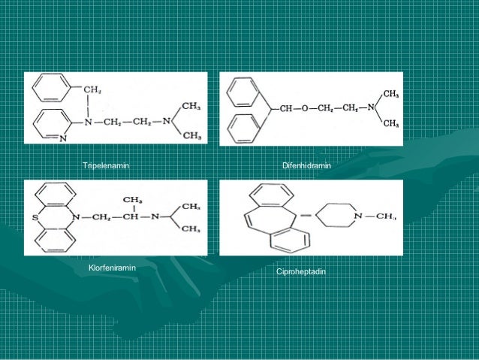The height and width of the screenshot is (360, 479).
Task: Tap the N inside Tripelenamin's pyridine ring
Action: coord(62,138)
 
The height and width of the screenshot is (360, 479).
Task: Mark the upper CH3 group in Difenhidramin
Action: coord(390,93)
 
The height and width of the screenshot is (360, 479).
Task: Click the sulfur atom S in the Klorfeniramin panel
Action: coord(35,219)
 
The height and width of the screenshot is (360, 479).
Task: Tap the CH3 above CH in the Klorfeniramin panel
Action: coord(132,200)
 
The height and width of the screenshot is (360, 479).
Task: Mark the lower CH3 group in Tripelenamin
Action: coord(191,135)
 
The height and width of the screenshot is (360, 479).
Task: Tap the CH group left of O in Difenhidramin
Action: coord(285,108)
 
